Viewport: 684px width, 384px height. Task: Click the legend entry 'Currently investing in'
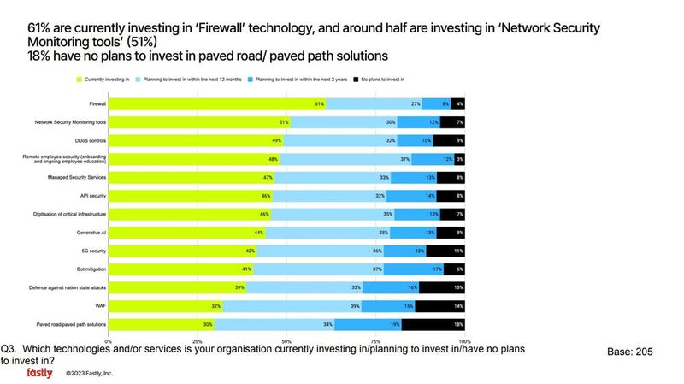tap(105, 79)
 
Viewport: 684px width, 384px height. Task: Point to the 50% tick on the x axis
tap(286, 340)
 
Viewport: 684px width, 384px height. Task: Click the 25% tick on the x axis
tap(197, 340)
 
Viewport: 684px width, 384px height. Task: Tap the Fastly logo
tap(39, 373)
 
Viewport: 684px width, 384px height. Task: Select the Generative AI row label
tap(91, 232)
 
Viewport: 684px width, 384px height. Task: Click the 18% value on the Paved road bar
tap(457, 324)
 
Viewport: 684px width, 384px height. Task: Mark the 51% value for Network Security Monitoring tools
tap(282, 122)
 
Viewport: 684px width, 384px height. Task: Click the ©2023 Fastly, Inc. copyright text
tap(90, 374)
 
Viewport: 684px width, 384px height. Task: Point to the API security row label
tap(91, 195)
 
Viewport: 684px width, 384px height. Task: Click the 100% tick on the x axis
tap(463, 340)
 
